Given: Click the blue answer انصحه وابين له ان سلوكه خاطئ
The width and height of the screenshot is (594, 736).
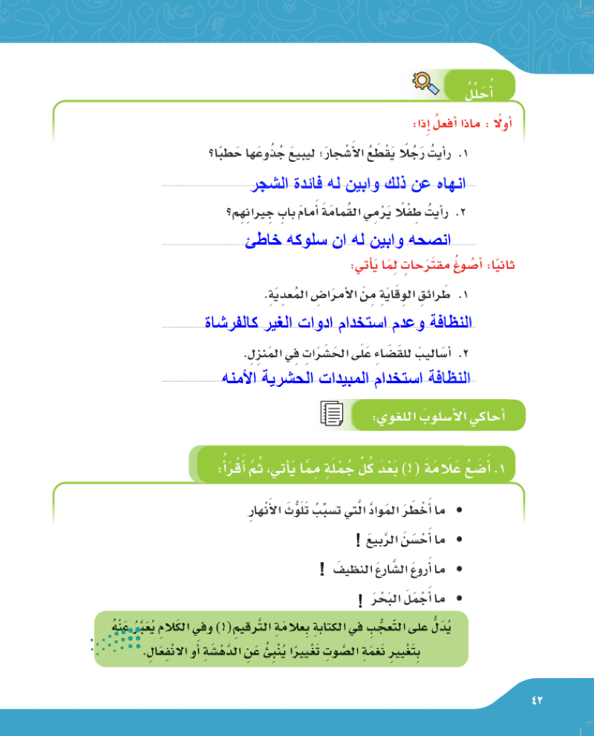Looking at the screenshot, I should tap(348, 241).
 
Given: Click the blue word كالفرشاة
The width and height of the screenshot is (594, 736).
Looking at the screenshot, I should tap(230, 323).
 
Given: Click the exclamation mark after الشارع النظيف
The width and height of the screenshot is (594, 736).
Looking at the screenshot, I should tap(322, 570).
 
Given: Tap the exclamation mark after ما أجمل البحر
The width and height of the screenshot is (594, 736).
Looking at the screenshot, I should tap(359, 599).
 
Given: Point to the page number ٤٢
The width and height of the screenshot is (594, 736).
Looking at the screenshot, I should tap(538, 700).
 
